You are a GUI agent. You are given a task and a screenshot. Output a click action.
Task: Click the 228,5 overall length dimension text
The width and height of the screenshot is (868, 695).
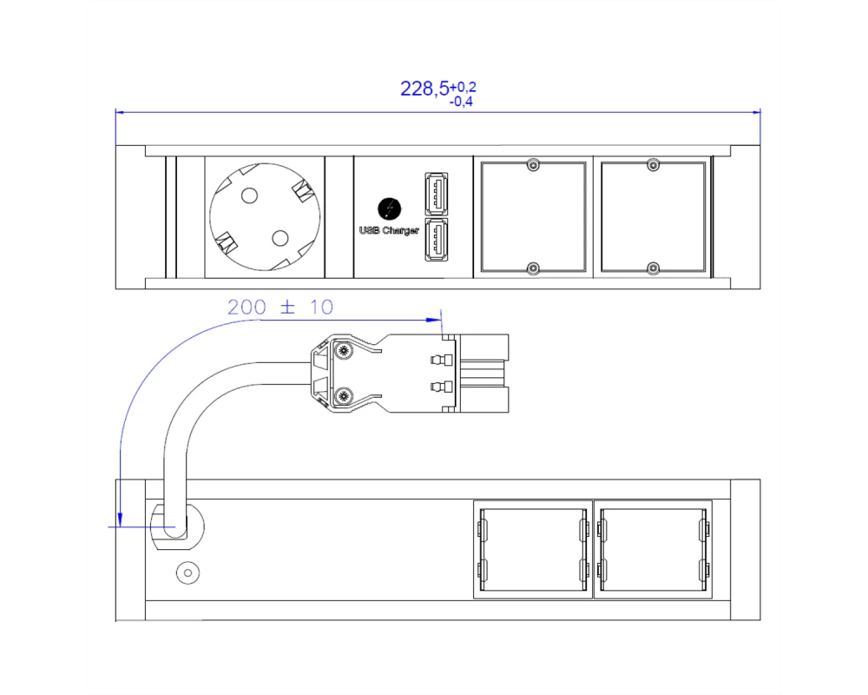(x=424, y=89)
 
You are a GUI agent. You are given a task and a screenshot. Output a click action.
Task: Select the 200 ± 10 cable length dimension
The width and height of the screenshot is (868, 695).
(x=280, y=307)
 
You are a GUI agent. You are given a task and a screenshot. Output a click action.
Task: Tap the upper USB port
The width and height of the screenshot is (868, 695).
(x=437, y=194)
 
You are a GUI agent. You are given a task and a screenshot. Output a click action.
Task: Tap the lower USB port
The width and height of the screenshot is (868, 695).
(x=437, y=240)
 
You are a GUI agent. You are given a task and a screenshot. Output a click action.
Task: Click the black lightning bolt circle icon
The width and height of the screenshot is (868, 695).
(x=389, y=209)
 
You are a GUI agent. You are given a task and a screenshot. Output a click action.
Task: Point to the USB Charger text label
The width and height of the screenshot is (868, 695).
(x=389, y=230)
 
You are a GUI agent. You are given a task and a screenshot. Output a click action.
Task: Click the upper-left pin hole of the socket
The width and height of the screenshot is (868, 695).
(x=250, y=195)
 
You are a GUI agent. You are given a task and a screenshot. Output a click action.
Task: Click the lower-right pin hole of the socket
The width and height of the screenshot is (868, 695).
(x=280, y=238)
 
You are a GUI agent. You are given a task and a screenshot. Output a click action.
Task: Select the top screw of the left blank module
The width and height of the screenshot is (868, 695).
(x=533, y=164)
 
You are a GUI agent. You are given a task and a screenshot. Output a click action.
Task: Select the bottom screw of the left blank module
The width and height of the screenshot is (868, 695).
(x=533, y=268)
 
